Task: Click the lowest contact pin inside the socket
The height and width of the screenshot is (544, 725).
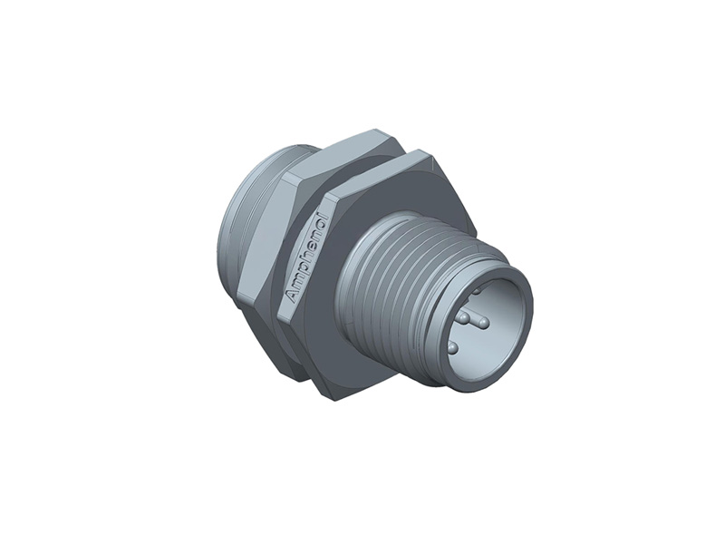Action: click(x=452, y=348)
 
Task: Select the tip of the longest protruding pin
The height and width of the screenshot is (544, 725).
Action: click(x=484, y=323)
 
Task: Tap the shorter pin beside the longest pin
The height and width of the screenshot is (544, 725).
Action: click(x=463, y=317)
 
